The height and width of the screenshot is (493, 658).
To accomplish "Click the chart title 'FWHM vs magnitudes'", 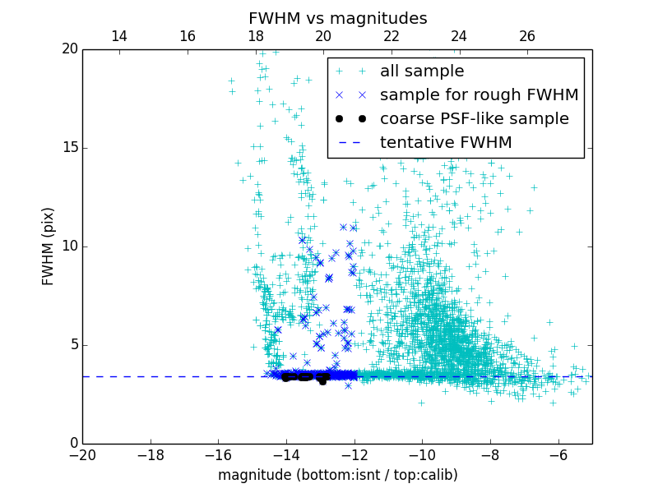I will click(x=337, y=18).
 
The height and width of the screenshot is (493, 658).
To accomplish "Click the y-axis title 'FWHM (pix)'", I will click(x=49, y=246).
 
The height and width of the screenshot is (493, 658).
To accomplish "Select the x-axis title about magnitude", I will click(x=337, y=475).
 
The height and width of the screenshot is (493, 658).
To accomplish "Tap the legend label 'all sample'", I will click(x=422, y=71).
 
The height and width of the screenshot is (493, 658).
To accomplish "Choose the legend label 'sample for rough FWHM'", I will click(x=479, y=94).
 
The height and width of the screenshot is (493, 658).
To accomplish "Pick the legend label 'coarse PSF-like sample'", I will click(x=474, y=118).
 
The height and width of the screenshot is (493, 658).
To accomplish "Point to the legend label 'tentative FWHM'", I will click(x=446, y=142).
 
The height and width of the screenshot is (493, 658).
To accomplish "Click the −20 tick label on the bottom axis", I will click(x=82, y=454).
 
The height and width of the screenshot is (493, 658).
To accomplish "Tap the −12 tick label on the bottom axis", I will click(x=354, y=454).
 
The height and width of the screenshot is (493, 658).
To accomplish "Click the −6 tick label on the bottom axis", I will click(x=558, y=454).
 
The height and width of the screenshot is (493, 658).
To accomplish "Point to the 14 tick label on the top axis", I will click(x=118, y=36).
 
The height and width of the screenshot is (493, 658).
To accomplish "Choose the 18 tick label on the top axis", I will click(x=255, y=36).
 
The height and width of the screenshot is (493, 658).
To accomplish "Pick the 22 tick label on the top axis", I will click(x=392, y=36).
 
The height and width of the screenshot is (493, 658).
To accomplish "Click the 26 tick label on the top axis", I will click(x=527, y=36).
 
